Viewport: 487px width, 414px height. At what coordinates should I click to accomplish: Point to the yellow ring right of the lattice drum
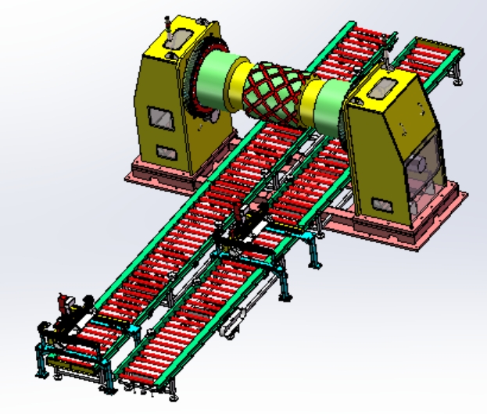(307, 98)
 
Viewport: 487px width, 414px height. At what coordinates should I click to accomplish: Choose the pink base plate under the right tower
(406, 227)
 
